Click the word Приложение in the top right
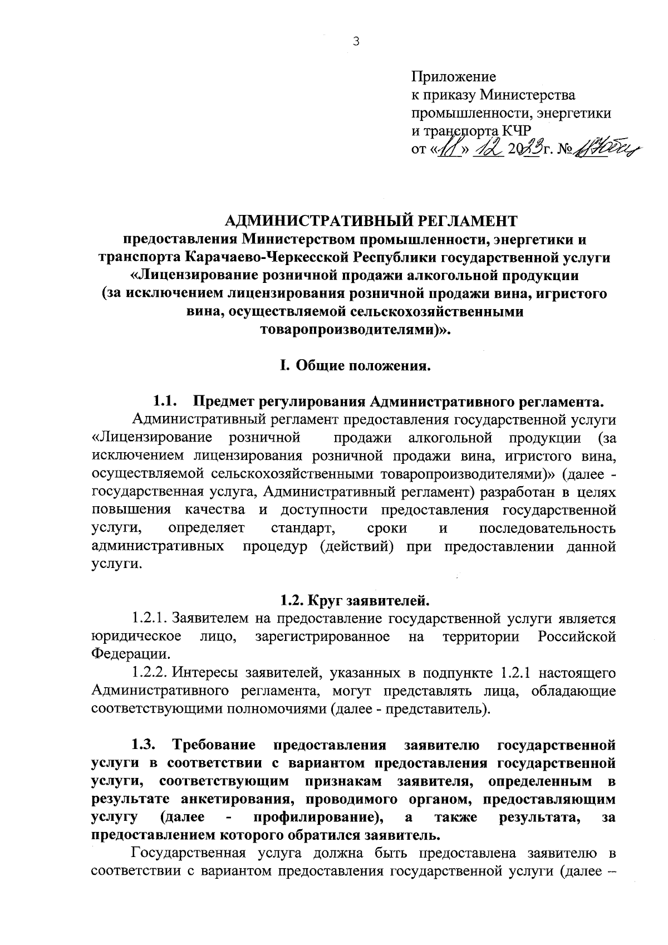(x=453, y=76)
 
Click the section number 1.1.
(x=165, y=401)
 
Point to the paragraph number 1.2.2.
(x=150, y=673)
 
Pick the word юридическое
(x=136, y=636)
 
